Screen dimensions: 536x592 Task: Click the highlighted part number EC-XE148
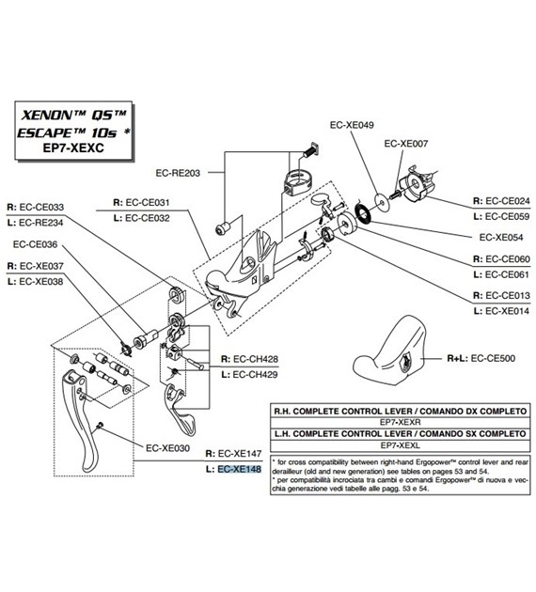(x=240, y=469)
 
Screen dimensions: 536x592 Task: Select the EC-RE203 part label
(x=178, y=173)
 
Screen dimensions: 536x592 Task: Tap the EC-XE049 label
(x=352, y=125)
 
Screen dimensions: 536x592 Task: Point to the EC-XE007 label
(x=405, y=144)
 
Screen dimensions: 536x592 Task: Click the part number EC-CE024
(x=508, y=201)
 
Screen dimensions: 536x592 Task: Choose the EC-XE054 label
(x=501, y=237)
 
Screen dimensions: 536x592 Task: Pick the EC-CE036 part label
(x=35, y=244)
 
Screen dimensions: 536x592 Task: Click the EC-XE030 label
(x=167, y=448)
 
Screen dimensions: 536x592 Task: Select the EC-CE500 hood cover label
(x=493, y=358)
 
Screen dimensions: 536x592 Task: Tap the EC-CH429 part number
(x=256, y=375)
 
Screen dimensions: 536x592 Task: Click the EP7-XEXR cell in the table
(x=400, y=422)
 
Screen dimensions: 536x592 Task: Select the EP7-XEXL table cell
(x=400, y=445)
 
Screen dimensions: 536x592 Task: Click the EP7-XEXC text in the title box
(x=73, y=148)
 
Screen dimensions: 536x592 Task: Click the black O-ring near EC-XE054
(x=363, y=212)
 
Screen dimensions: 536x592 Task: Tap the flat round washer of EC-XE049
(x=382, y=202)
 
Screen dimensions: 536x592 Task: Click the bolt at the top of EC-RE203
(x=311, y=150)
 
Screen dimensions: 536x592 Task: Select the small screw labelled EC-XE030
(x=100, y=425)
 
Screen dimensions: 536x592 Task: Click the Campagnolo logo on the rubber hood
(x=406, y=362)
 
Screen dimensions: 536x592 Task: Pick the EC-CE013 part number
(x=508, y=295)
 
